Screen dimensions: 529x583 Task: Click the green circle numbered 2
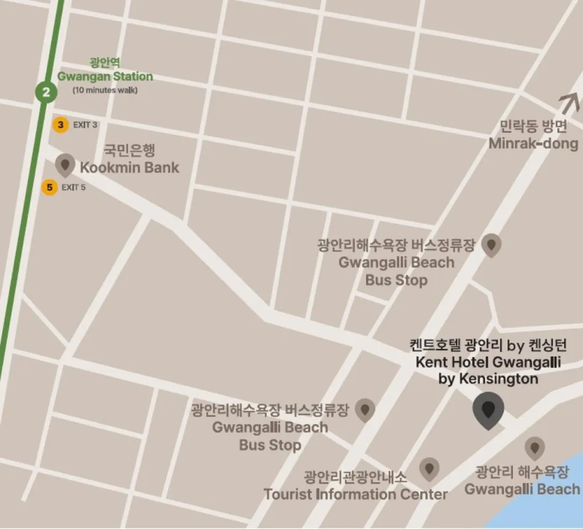[46, 92]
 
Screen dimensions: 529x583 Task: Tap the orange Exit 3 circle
[60, 125]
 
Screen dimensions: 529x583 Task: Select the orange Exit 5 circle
[50, 187]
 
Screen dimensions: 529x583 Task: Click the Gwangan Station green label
[105, 76]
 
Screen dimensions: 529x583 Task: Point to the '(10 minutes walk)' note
[105, 90]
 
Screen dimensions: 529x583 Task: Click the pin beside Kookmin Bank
[65, 165]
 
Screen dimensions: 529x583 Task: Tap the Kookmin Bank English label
[129, 167]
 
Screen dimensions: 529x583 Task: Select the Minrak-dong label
[533, 143]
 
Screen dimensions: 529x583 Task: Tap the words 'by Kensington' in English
[488, 379]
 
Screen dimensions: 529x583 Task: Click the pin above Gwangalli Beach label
[534, 448]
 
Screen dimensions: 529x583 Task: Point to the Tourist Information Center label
[355, 494]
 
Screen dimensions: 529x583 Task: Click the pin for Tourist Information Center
[429, 469]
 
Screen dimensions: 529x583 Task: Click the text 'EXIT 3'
[85, 125]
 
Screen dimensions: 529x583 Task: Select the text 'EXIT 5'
[73, 187]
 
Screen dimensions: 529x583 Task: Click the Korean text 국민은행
[129, 150]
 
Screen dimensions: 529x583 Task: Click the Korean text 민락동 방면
[533, 126]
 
